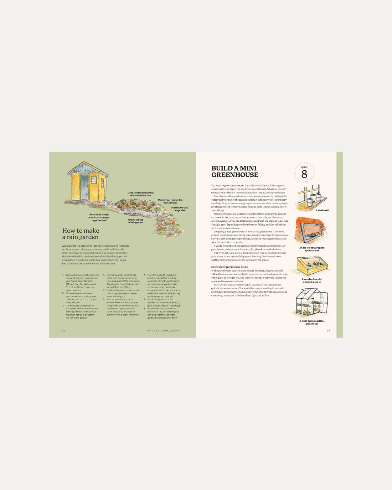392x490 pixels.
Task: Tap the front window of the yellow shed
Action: click(x=94, y=180)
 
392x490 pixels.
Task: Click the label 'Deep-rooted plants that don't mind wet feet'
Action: click(x=140, y=194)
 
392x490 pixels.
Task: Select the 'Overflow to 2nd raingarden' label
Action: click(x=179, y=209)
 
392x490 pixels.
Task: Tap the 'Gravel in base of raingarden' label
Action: click(x=135, y=221)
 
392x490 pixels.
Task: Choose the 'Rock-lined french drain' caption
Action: click(x=99, y=217)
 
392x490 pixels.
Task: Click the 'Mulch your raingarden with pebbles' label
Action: click(x=170, y=201)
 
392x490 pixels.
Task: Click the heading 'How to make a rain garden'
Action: click(x=81, y=234)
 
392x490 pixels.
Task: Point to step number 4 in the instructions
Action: click(x=104, y=275)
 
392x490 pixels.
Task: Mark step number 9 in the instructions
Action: click(x=144, y=309)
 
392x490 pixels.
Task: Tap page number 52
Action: click(x=64, y=331)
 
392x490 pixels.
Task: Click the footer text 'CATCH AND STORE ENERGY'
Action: click(x=164, y=331)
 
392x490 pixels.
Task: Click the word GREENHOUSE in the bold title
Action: click(x=234, y=175)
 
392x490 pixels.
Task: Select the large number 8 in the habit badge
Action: click(x=304, y=174)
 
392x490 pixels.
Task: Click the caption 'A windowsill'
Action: click(x=322, y=210)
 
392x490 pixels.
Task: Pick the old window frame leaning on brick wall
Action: click(x=310, y=232)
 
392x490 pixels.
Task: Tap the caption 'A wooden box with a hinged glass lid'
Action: click(x=312, y=280)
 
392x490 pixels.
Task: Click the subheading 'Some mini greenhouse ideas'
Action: click(x=229, y=267)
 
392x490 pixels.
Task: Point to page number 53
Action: click(x=328, y=331)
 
